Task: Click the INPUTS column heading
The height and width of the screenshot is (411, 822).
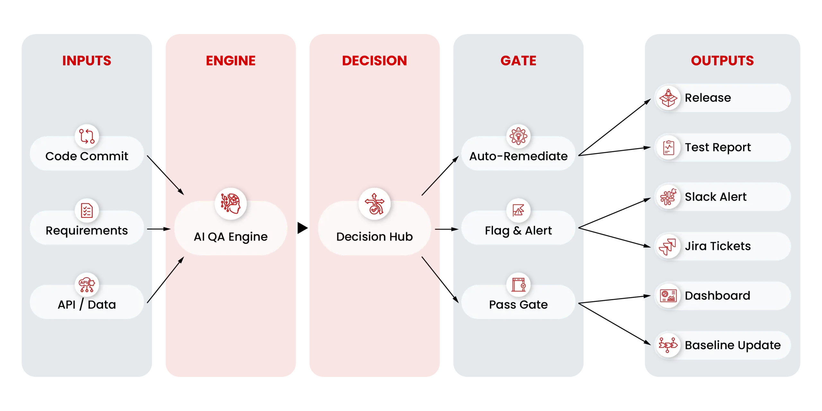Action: tap(87, 61)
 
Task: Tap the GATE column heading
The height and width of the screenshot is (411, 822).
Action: tap(518, 61)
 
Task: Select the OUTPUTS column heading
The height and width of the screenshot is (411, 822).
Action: tap(722, 61)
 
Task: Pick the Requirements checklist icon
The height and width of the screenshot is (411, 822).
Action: tap(87, 211)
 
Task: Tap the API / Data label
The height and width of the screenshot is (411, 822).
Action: tap(87, 304)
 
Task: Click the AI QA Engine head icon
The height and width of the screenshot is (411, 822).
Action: tap(231, 204)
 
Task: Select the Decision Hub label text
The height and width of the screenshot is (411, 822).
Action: tap(374, 237)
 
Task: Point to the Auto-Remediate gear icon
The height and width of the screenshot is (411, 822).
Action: tap(518, 136)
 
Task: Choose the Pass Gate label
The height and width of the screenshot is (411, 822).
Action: tap(518, 304)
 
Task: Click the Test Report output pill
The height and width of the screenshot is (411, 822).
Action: tap(722, 147)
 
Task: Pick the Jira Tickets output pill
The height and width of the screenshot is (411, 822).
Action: tap(722, 246)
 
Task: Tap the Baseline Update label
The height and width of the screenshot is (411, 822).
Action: tap(733, 345)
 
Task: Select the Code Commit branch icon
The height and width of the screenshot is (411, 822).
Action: tap(87, 136)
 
